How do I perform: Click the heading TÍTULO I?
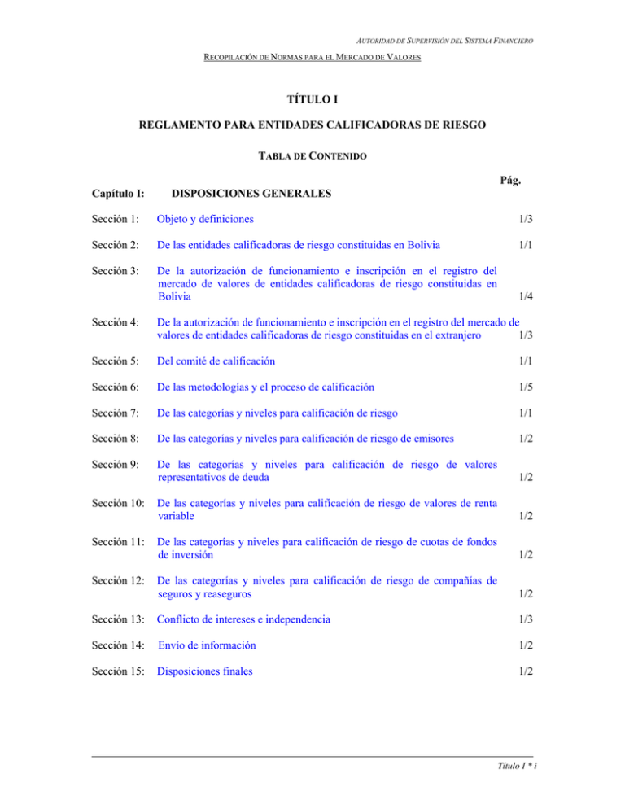click(x=312, y=101)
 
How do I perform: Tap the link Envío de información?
click(x=208, y=645)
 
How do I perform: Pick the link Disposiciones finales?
click(x=205, y=672)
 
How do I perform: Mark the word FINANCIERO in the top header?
click(x=514, y=43)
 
